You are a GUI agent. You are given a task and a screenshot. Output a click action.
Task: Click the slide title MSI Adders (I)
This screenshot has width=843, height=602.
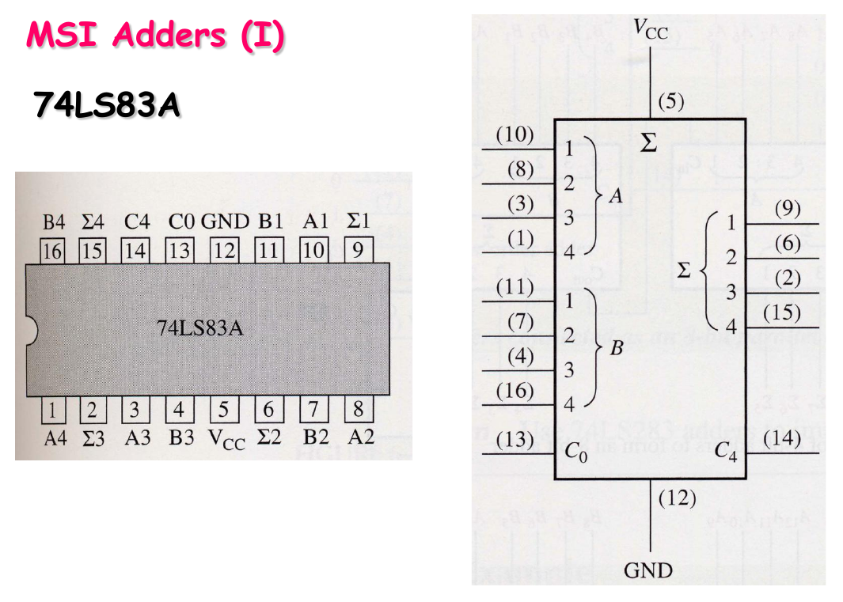click(x=155, y=36)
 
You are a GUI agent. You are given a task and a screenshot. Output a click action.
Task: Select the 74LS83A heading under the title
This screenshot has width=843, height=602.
click(x=106, y=104)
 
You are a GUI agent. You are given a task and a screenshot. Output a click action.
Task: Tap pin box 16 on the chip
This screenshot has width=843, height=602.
click(x=52, y=251)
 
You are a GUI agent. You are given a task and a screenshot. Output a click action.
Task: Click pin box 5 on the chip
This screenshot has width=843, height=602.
click(x=224, y=410)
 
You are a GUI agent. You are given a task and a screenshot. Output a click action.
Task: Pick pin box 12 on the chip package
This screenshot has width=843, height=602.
click(x=224, y=251)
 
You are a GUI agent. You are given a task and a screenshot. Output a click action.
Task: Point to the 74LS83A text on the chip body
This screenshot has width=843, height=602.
click(x=200, y=328)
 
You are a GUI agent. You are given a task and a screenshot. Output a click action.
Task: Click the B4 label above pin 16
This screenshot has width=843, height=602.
click(x=54, y=222)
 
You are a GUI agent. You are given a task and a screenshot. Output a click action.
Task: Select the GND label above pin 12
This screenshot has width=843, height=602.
click(x=225, y=222)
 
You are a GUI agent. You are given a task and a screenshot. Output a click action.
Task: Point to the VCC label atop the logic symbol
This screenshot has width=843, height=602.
click(x=651, y=30)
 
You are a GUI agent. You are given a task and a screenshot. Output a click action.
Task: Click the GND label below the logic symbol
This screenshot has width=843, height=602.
click(x=648, y=570)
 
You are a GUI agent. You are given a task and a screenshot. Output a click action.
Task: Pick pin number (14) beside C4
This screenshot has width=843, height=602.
click(x=782, y=439)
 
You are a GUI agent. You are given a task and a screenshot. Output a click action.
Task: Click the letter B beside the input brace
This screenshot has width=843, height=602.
click(x=616, y=347)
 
